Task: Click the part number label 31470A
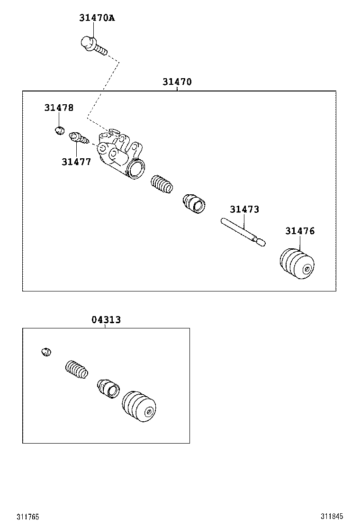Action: click(97, 18)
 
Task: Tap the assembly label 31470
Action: click(177, 82)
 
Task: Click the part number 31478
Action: click(59, 108)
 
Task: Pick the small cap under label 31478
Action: click(59, 129)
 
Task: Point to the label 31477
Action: click(76, 162)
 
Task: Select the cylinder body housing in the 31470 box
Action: click(118, 154)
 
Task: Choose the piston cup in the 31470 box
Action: click(194, 204)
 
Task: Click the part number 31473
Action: click(244, 209)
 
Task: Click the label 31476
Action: click(299, 231)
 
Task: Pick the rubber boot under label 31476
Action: click(297, 265)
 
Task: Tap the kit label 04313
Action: click(106, 320)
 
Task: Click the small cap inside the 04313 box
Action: click(46, 352)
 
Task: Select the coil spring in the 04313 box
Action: click(76, 370)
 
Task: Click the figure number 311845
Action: click(332, 517)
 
